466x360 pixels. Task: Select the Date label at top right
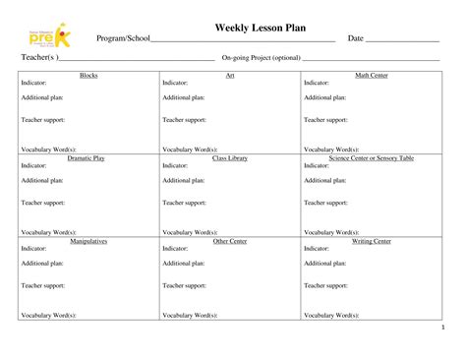coord(356,38)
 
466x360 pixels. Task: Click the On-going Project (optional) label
coord(261,59)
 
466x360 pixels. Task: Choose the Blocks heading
coord(88,76)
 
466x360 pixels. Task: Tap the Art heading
coord(229,76)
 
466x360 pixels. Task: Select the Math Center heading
coord(372,76)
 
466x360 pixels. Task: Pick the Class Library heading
coord(230,158)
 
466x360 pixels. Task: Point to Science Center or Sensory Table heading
coord(372,158)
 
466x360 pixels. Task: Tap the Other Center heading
coord(230,241)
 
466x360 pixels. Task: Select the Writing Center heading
coord(372,241)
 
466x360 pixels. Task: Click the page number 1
coord(443,328)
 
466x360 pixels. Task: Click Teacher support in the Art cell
coord(184,120)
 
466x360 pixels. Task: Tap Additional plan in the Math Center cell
coord(324,98)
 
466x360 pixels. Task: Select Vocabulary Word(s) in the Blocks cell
coord(48,150)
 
